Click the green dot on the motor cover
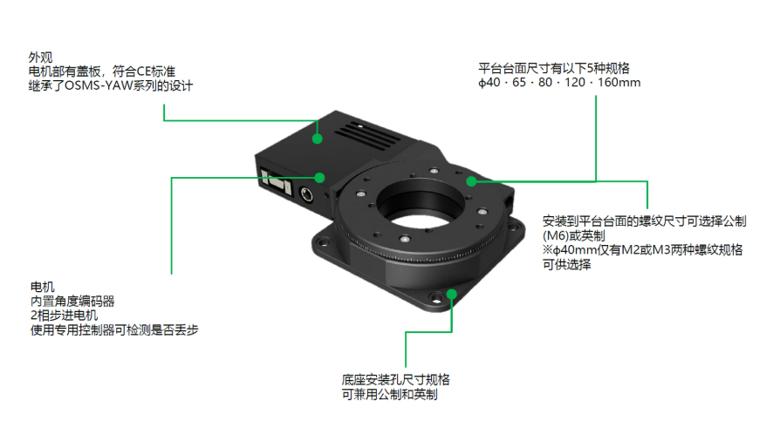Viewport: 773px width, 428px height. pyautogui.click(x=318, y=139)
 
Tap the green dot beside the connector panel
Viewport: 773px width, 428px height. pyautogui.click(x=320, y=177)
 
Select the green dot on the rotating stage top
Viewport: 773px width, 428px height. pyautogui.click(x=471, y=181)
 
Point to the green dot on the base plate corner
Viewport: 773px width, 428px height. pyautogui.click(x=452, y=295)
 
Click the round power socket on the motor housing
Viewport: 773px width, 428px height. pyautogui.click(x=306, y=194)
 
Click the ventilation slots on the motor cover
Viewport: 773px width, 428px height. pyautogui.click(x=366, y=134)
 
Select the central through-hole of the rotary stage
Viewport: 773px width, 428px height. pyautogui.click(x=421, y=207)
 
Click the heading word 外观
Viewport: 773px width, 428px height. pyautogui.click(x=40, y=58)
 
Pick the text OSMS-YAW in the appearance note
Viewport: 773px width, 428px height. pyautogui.click(x=99, y=85)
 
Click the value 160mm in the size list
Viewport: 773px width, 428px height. pyautogui.click(x=619, y=82)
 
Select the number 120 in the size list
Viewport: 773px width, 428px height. pyautogui.click(x=575, y=82)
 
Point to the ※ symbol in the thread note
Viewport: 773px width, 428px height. pyautogui.click(x=548, y=249)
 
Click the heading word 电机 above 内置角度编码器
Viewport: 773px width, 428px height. pyautogui.click(x=43, y=287)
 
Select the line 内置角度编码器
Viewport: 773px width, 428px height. pyautogui.click(x=72, y=302)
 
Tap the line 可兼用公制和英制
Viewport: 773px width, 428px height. pyautogui.click(x=389, y=395)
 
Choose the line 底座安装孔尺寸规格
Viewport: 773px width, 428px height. pyautogui.click(x=396, y=380)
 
